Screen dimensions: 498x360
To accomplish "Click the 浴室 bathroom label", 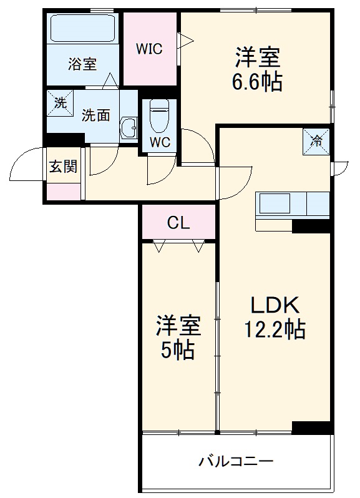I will coord(82,64).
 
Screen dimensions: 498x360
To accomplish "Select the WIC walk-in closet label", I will coord(150,49).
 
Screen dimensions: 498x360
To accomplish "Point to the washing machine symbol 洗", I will coord(60,104).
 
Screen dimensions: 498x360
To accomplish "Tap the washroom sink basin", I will coord(130,128).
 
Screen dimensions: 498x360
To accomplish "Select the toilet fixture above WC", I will coord(159,114).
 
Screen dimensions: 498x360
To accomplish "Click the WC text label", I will coord(159,142).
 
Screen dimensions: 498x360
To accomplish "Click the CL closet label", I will coord(178,223).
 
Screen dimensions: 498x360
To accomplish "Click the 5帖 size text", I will coord(178,351).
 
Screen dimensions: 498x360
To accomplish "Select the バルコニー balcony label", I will coord(236,462).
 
